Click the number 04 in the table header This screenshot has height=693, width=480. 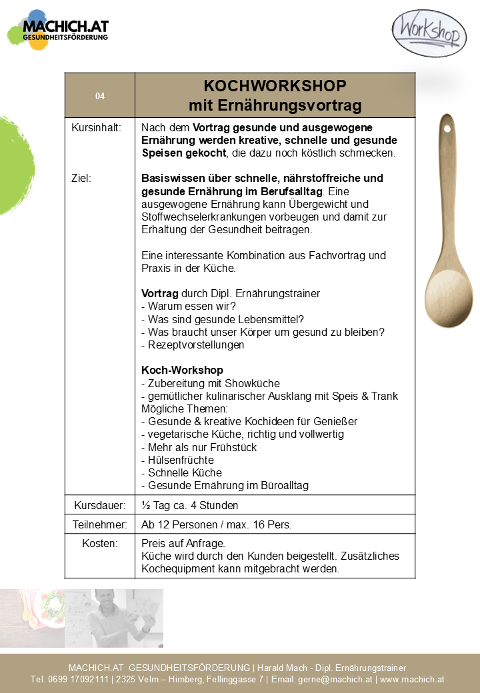tap(100, 96)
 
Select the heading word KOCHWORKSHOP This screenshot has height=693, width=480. tap(275, 87)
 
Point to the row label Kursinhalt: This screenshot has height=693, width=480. tap(96, 127)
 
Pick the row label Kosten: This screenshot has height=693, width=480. tap(100, 544)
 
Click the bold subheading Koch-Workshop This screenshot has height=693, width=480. tap(182, 370)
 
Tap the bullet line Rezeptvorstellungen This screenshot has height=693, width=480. tap(193, 345)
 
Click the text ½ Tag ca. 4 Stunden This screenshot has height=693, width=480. tap(189, 505)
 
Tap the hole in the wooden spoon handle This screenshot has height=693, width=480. tap(447, 127)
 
